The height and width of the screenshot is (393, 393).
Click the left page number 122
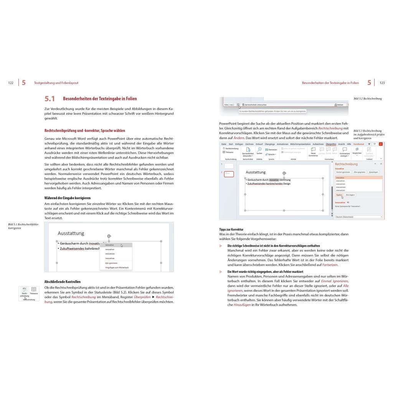[11, 83]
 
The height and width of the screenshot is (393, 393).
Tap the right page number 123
[382, 83]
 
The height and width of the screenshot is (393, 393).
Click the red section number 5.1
[50, 99]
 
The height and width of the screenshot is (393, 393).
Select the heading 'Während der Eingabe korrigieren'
[68, 198]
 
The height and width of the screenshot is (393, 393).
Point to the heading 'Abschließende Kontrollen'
[63, 282]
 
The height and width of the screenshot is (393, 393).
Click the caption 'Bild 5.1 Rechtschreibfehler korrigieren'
[23, 226]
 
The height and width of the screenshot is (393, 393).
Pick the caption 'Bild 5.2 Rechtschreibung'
[368, 99]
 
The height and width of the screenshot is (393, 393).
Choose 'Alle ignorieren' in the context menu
[112, 263]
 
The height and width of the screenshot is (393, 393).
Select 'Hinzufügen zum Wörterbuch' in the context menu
[117, 268]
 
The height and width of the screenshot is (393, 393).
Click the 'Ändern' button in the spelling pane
[339, 195]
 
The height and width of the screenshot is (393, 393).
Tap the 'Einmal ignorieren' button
[343, 172]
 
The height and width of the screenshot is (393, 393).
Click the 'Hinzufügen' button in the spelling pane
[373, 172]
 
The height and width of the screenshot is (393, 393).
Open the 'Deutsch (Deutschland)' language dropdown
[358, 217]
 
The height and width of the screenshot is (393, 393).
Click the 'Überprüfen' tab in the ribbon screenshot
[330, 144]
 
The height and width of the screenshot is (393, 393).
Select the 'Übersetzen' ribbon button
[271, 150]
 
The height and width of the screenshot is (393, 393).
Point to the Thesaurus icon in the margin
[34, 291]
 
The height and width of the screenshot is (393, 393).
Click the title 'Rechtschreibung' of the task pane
[346, 164]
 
